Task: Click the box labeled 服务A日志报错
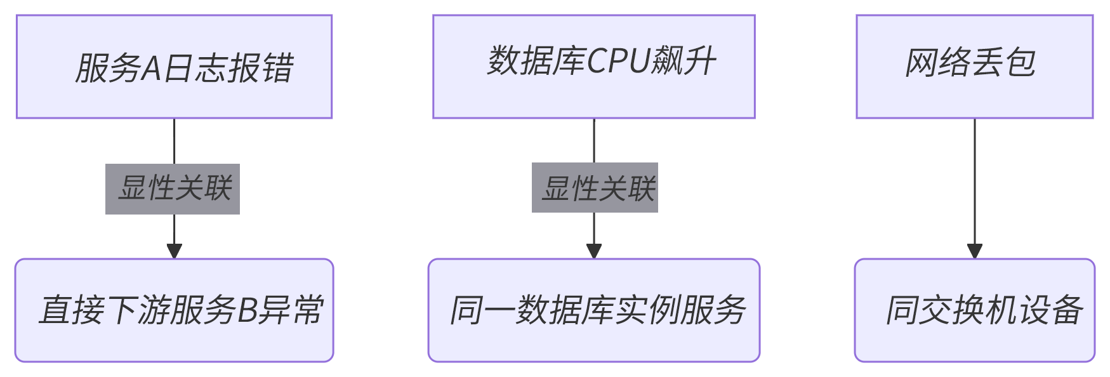174,67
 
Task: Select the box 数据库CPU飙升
593,67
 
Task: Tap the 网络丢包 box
974,67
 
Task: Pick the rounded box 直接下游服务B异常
174,310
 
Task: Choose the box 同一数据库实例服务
593,310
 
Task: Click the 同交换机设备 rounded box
974,310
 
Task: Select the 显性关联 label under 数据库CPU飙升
595,188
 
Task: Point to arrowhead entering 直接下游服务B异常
175,251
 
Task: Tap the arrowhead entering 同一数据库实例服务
594,251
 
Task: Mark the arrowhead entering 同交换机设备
975,251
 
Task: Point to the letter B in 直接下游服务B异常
246,310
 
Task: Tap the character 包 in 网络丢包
1020,63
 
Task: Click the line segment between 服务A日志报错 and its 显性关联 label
175,141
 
